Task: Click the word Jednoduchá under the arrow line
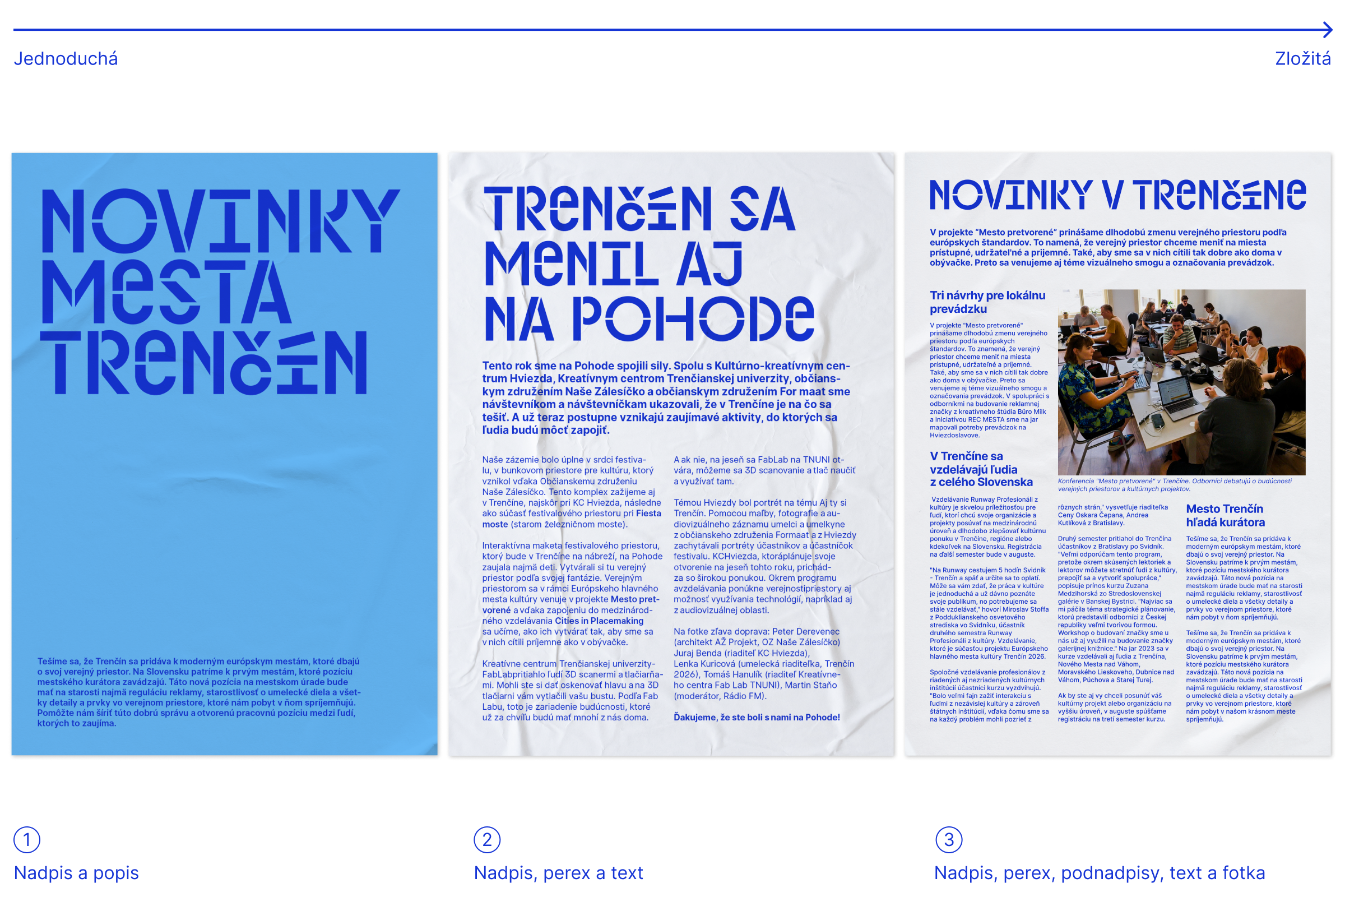(66, 59)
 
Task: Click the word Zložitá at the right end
(1302, 59)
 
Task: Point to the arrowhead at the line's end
(1328, 30)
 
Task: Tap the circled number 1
(26, 840)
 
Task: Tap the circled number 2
(486, 840)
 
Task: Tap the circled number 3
(948, 840)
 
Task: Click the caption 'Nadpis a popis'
(76, 873)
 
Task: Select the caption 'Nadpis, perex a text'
(558, 873)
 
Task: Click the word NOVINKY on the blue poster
(220, 221)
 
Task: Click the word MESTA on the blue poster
(166, 292)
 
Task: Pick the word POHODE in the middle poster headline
(693, 318)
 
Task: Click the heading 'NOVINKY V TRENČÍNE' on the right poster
(1117, 195)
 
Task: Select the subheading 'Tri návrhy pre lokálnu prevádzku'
(987, 302)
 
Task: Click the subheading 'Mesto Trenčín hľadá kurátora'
(1225, 515)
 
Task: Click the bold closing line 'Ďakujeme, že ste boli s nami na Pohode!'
(757, 718)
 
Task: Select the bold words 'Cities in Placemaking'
(599, 621)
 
